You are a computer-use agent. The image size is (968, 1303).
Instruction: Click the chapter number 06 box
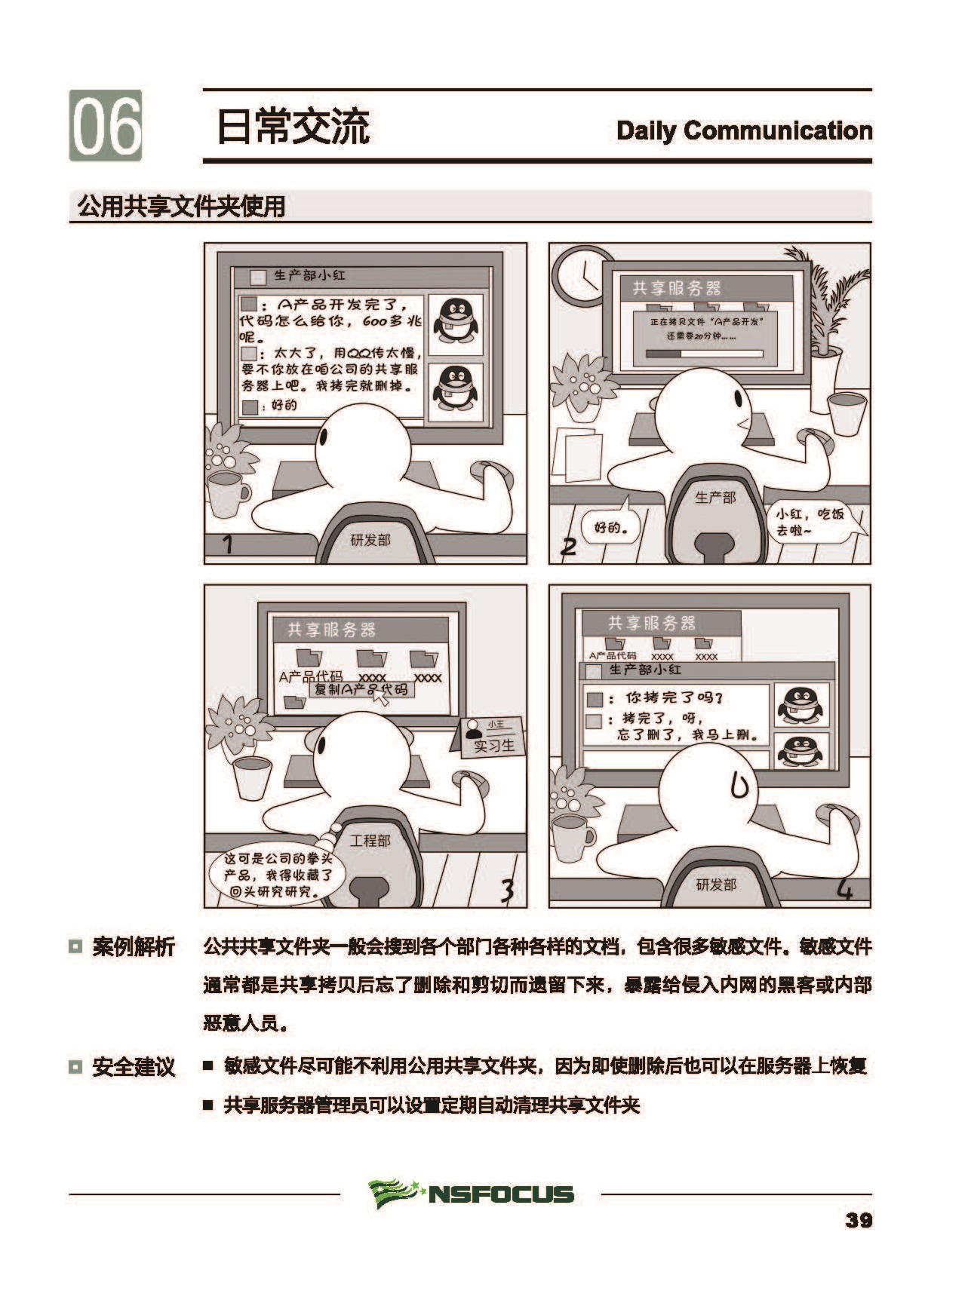click(106, 125)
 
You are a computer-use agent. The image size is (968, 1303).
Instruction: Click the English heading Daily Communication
click(744, 130)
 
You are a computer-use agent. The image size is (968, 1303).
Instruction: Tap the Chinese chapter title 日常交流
click(293, 126)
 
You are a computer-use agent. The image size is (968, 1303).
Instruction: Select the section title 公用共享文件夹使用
click(181, 206)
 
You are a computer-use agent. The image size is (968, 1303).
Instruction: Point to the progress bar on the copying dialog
click(705, 353)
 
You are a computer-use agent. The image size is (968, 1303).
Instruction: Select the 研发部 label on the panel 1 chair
click(371, 540)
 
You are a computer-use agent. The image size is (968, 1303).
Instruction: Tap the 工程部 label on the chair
click(370, 840)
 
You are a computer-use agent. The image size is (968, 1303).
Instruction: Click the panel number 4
click(845, 891)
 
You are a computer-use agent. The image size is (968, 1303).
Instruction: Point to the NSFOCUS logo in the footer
click(472, 1194)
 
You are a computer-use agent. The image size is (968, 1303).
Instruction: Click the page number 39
click(859, 1220)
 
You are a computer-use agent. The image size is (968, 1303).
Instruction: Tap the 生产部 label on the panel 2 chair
click(714, 497)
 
